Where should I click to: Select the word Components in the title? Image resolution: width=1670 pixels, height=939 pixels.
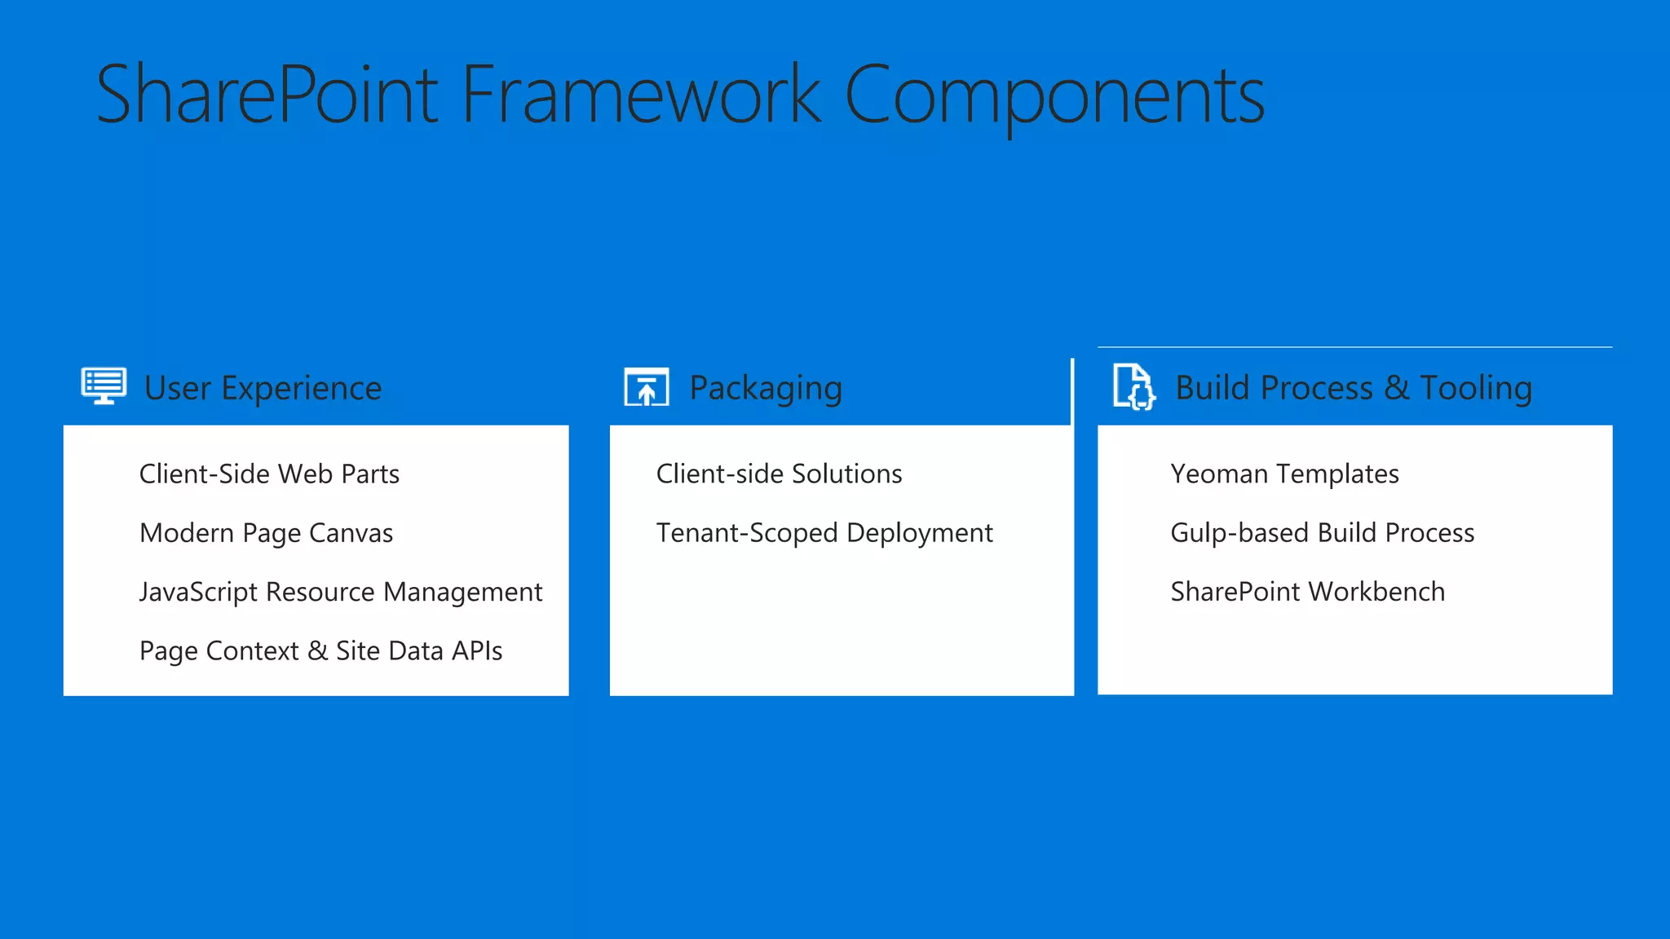point(1054,96)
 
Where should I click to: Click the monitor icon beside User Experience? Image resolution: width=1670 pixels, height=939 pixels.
point(104,386)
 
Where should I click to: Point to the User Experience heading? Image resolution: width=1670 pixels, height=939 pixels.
point(263,388)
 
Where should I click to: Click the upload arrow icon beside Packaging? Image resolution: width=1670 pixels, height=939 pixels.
point(647,387)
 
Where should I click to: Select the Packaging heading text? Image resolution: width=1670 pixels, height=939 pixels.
point(765,388)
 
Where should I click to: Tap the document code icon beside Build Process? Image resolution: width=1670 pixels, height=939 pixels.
point(1133,386)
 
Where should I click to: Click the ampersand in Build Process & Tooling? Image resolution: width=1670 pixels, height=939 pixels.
point(1396,387)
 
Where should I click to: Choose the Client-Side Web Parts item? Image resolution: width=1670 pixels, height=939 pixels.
point(269,474)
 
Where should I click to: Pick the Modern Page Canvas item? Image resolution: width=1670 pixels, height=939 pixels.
point(266,533)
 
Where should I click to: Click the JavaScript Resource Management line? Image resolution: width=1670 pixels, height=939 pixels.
point(340,592)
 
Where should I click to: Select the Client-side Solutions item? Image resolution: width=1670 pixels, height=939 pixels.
point(779,474)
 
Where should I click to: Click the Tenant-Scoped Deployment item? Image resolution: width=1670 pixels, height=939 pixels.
point(824,533)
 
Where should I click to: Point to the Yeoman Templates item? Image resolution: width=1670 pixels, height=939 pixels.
point(1284,474)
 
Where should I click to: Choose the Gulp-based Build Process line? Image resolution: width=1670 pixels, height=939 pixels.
point(1322,533)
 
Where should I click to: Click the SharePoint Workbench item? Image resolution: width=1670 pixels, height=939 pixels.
point(1307,592)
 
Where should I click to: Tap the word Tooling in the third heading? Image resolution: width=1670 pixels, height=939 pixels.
point(1476,388)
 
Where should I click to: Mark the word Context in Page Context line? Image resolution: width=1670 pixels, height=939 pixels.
point(252,650)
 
